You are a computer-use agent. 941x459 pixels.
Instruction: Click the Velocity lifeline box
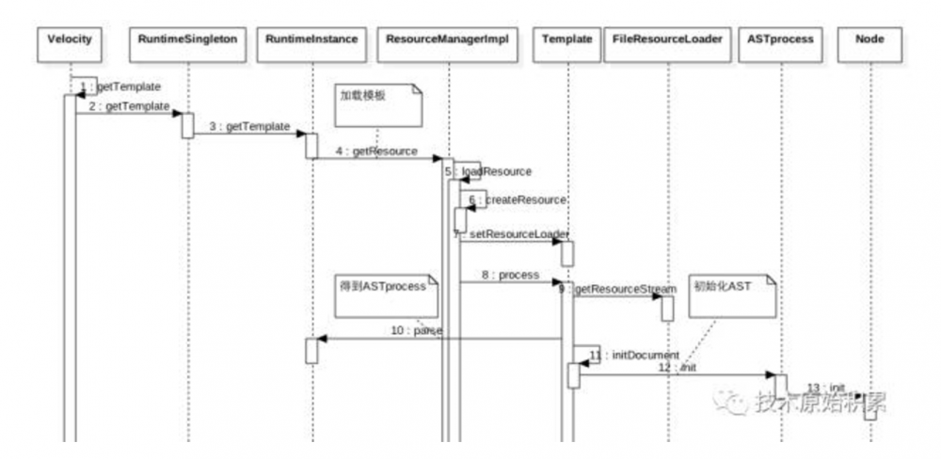point(69,40)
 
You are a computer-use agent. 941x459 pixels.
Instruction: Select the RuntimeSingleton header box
point(187,40)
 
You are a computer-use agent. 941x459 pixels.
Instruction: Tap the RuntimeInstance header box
point(311,40)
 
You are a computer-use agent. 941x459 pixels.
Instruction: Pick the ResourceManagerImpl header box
point(448,40)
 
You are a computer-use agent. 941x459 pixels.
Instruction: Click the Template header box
point(567,40)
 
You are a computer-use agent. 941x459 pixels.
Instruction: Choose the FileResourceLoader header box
point(667,40)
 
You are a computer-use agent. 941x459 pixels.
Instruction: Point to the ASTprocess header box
point(780,40)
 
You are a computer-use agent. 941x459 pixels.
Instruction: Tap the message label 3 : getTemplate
point(249,126)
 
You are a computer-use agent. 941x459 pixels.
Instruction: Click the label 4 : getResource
point(377,150)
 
